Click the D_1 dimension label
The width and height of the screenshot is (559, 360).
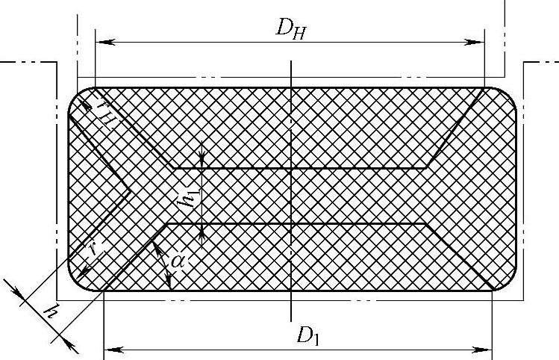(307, 335)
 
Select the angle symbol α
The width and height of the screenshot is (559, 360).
(177, 261)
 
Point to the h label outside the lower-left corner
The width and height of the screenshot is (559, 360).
(50, 310)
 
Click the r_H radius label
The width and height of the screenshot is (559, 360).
(103, 116)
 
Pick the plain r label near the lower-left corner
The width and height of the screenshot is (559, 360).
(90, 252)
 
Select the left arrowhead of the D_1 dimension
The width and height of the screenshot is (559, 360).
(108, 348)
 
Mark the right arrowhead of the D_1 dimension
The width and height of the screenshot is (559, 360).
(487, 348)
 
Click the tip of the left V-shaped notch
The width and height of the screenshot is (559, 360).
(131, 191)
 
